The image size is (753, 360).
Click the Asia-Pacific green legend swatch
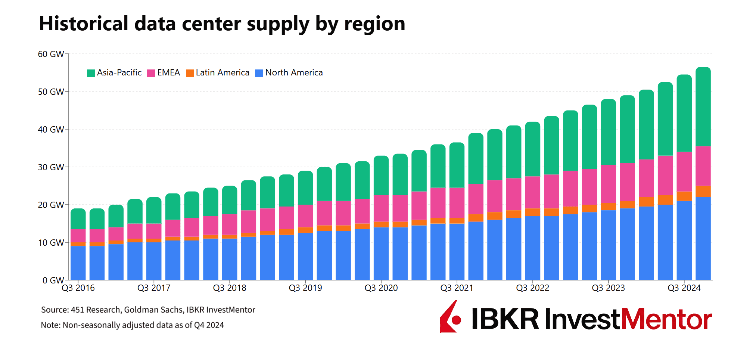pos(91,73)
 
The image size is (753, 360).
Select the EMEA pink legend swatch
pos(151,73)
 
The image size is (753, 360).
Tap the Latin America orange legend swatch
pos(190,73)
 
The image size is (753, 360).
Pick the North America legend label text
pos(294,72)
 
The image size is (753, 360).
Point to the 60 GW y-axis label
pos(51,54)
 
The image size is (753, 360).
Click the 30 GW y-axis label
pos(51,167)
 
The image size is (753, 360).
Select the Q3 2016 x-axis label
pos(78,288)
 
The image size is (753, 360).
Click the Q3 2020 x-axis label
pos(381,288)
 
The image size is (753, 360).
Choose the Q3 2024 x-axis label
pos(684,288)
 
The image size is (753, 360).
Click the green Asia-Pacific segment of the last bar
pos(703,106)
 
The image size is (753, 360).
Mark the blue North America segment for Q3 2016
pos(78,263)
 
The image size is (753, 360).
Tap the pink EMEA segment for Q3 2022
pos(533,192)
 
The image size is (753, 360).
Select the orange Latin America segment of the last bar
pos(703,191)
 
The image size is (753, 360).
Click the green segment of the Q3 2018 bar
pos(230,200)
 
